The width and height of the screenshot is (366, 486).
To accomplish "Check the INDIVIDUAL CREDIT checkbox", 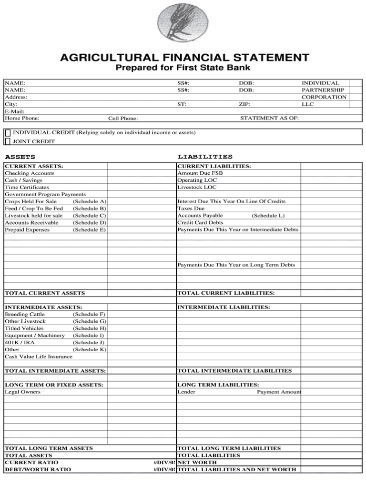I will [8, 132].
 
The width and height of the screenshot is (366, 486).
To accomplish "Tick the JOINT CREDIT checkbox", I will [8, 141].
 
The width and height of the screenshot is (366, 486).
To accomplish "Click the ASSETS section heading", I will [20, 157].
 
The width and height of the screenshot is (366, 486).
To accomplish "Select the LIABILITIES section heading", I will [205, 157].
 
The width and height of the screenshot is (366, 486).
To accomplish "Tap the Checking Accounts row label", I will [30, 173].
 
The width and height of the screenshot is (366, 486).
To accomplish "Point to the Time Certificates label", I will [27, 188].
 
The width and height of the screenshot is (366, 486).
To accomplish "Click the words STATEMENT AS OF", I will [270, 119].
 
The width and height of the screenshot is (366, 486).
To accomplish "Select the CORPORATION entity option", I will [324, 97].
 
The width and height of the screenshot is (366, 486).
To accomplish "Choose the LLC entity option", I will [308, 104].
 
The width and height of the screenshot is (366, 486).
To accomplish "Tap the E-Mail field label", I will [14, 111].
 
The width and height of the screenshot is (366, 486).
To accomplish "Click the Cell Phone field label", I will [123, 119].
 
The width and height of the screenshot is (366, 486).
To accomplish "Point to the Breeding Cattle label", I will [25, 314].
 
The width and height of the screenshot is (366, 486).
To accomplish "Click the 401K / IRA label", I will [20, 342].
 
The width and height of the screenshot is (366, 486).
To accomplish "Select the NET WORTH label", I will [197, 462].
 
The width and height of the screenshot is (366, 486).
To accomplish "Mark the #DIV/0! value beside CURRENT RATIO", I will [164, 462].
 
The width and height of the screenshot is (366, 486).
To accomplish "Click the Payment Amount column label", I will [279, 392].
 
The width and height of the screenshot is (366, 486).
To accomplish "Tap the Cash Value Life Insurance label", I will [39, 357].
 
